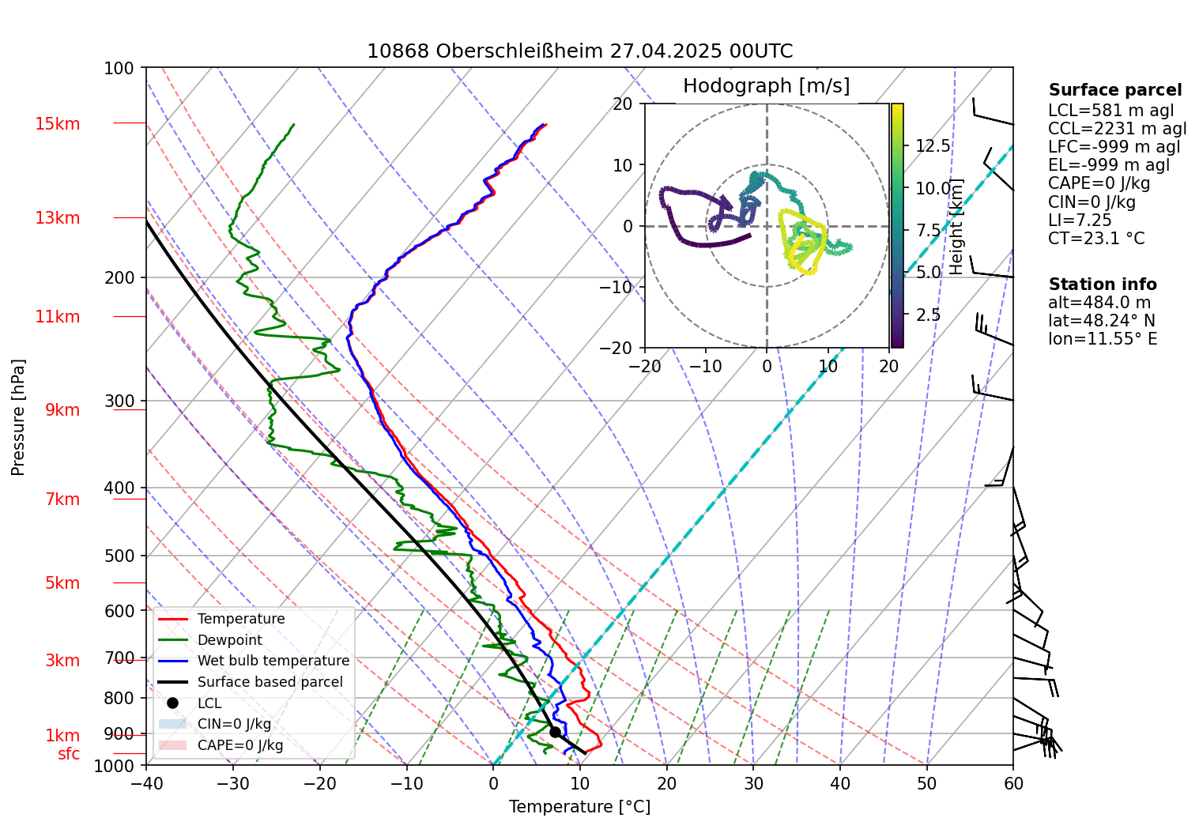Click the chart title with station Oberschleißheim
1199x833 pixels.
[x=579, y=51]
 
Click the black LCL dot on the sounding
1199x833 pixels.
[x=555, y=732]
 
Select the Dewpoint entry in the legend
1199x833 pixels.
[x=229, y=640]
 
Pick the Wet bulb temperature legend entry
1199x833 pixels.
[x=273, y=661]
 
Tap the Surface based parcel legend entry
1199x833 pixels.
[x=270, y=682]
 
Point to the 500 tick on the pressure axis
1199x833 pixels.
[x=119, y=556]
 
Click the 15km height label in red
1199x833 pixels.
[x=57, y=124]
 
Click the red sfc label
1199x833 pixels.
[x=69, y=754]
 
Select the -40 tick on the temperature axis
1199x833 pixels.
[x=146, y=784]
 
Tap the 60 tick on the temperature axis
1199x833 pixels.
[x=1013, y=784]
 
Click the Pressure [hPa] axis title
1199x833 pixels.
[x=18, y=417]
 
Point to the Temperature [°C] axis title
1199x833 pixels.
[x=579, y=807]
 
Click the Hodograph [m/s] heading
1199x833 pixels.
[x=766, y=86]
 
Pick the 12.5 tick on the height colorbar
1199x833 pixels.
[x=933, y=146]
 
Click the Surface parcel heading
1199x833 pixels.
[x=1114, y=90]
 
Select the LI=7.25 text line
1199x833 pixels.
[x=1080, y=220]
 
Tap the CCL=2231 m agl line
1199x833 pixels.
[x=1117, y=129]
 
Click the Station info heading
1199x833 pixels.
[x=1102, y=285]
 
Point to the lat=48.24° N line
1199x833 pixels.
[x=1101, y=321]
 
